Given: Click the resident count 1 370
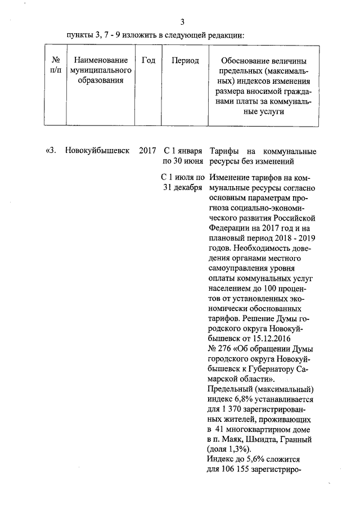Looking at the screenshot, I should [236, 410].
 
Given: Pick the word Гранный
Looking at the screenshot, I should [296, 440].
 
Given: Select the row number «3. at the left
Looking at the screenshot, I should [51, 151].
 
